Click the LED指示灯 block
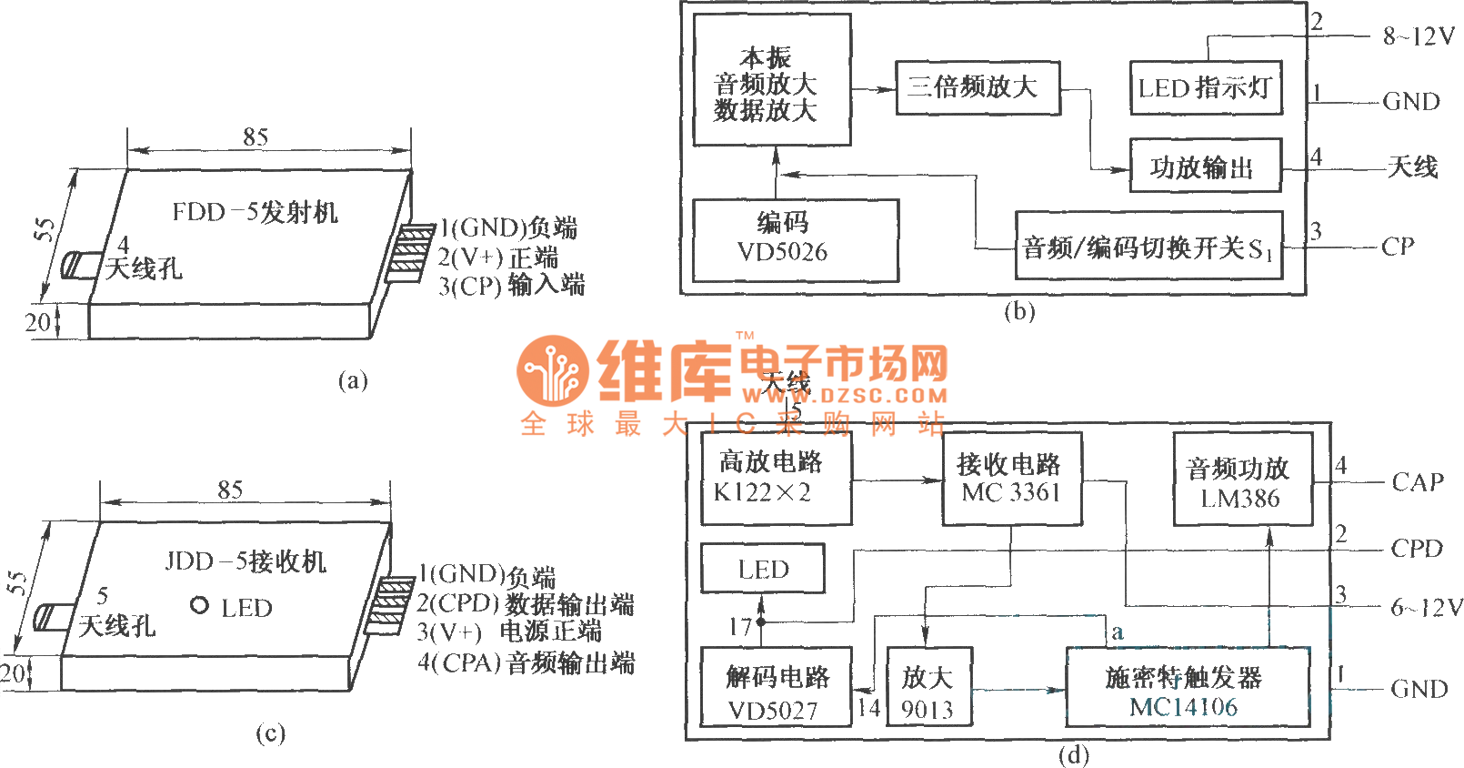pyautogui.click(x=1206, y=87)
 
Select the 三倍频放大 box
pyautogui.click(x=978, y=87)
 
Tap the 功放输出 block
pyautogui.click(x=1205, y=166)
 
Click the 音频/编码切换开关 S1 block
pyautogui.click(x=1148, y=247)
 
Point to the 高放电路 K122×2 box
pyautogui.click(x=776, y=479)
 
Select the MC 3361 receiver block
pyautogui.click(x=1011, y=480)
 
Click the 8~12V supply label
pyautogui.click(x=1419, y=36)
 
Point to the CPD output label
pyautogui.click(x=1417, y=549)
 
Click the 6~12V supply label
pyautogui.click(x=1426, y=607)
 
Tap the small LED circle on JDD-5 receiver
pyautogui.click(x=200, y=605)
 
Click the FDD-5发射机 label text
pyautogui.click(x=256, y=212)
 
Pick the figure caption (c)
pyautogui.click(x=270, y=733)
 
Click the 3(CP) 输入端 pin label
pyautogui.click(x=511, y=286)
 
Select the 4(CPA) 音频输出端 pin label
pyautogui.click(x=526, y=662)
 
